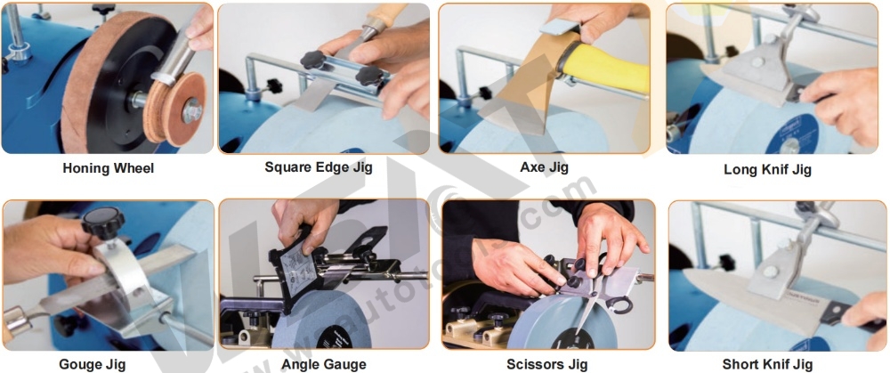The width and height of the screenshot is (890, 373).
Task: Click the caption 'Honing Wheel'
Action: click(108, 168)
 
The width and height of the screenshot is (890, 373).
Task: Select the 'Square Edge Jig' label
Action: click(319, 166)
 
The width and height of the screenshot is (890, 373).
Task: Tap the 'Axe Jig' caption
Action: click(545, 166)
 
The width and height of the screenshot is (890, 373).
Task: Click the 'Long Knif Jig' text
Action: click(766, 169)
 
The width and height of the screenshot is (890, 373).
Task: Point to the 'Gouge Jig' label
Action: click(92, 364)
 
